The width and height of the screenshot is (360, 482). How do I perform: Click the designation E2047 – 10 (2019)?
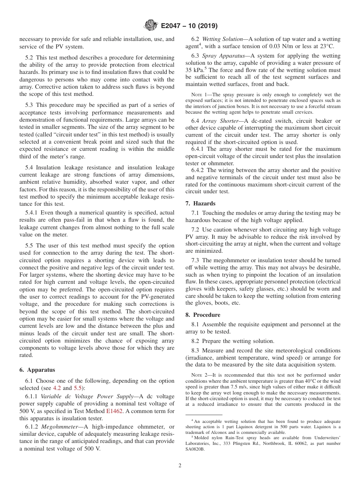point(189,26)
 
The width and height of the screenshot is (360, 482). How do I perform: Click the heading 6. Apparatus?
point(37,370)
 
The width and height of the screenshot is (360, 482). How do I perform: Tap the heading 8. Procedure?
point(203,315)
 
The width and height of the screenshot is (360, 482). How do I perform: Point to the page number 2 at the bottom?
point(180,466)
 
